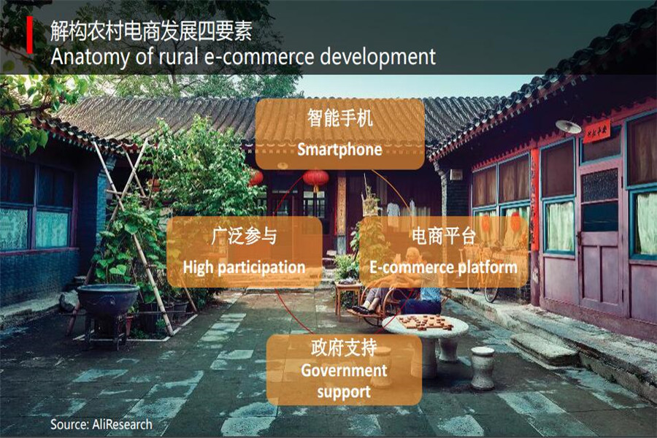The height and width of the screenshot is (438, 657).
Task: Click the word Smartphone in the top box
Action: pos(339,150)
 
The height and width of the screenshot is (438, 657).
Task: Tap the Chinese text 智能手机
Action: pos(339,118)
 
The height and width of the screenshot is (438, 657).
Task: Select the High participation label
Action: pos(245,268)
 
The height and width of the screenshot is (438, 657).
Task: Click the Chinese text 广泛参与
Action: pos(245,236)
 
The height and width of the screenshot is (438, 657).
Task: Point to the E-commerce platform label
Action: pos(443,267)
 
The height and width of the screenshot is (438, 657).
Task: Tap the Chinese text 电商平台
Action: pos(444,236)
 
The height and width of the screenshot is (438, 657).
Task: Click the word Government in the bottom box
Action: pos(344,371)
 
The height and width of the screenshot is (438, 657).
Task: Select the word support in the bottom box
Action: pos(344,392)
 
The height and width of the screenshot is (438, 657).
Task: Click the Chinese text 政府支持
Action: pos(344,348)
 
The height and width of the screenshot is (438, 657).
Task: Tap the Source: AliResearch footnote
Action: pos(101,424)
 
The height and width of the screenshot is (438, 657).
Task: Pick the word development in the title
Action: pos(378,57)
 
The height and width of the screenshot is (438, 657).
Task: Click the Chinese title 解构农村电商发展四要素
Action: pos(152,31)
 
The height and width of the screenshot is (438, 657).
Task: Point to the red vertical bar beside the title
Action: pos(30,35)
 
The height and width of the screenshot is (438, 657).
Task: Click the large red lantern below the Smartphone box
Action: pos(316,179)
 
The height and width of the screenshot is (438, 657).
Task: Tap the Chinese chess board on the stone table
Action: pos(425,323)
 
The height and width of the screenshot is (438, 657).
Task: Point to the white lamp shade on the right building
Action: pos(569,126)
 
